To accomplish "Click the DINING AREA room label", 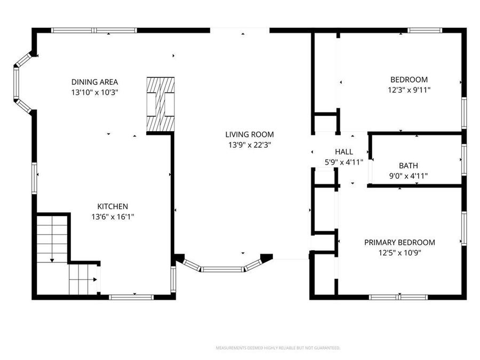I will tap(94, 82).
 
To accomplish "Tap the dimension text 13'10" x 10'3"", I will tap(94, 92).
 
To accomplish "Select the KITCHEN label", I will tap(112, 206).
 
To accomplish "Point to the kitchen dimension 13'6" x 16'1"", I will tap(112, 217).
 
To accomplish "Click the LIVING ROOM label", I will tap(249, 134).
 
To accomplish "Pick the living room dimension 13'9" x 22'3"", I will tap(249, 145).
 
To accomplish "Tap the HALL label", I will tap(343, 152).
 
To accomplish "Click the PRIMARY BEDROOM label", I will tap(399, 242).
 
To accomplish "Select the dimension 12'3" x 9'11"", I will tap(409, 90).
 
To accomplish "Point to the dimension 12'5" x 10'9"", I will tap(399, 252).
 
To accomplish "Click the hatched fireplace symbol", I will tap(161, 104).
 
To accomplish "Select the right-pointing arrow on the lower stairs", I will tap(95, 278).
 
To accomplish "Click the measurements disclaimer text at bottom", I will tap(277, 348).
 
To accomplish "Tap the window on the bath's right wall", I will tap(463, 159).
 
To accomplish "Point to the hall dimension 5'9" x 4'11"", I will tap(343, 162).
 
